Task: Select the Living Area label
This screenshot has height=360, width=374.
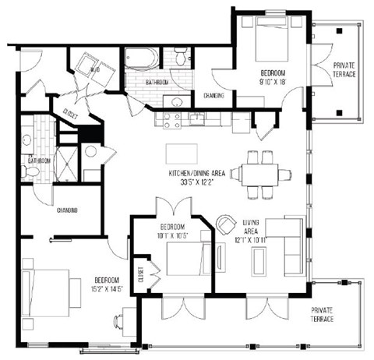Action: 251,228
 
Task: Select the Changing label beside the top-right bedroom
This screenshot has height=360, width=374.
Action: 214,96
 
